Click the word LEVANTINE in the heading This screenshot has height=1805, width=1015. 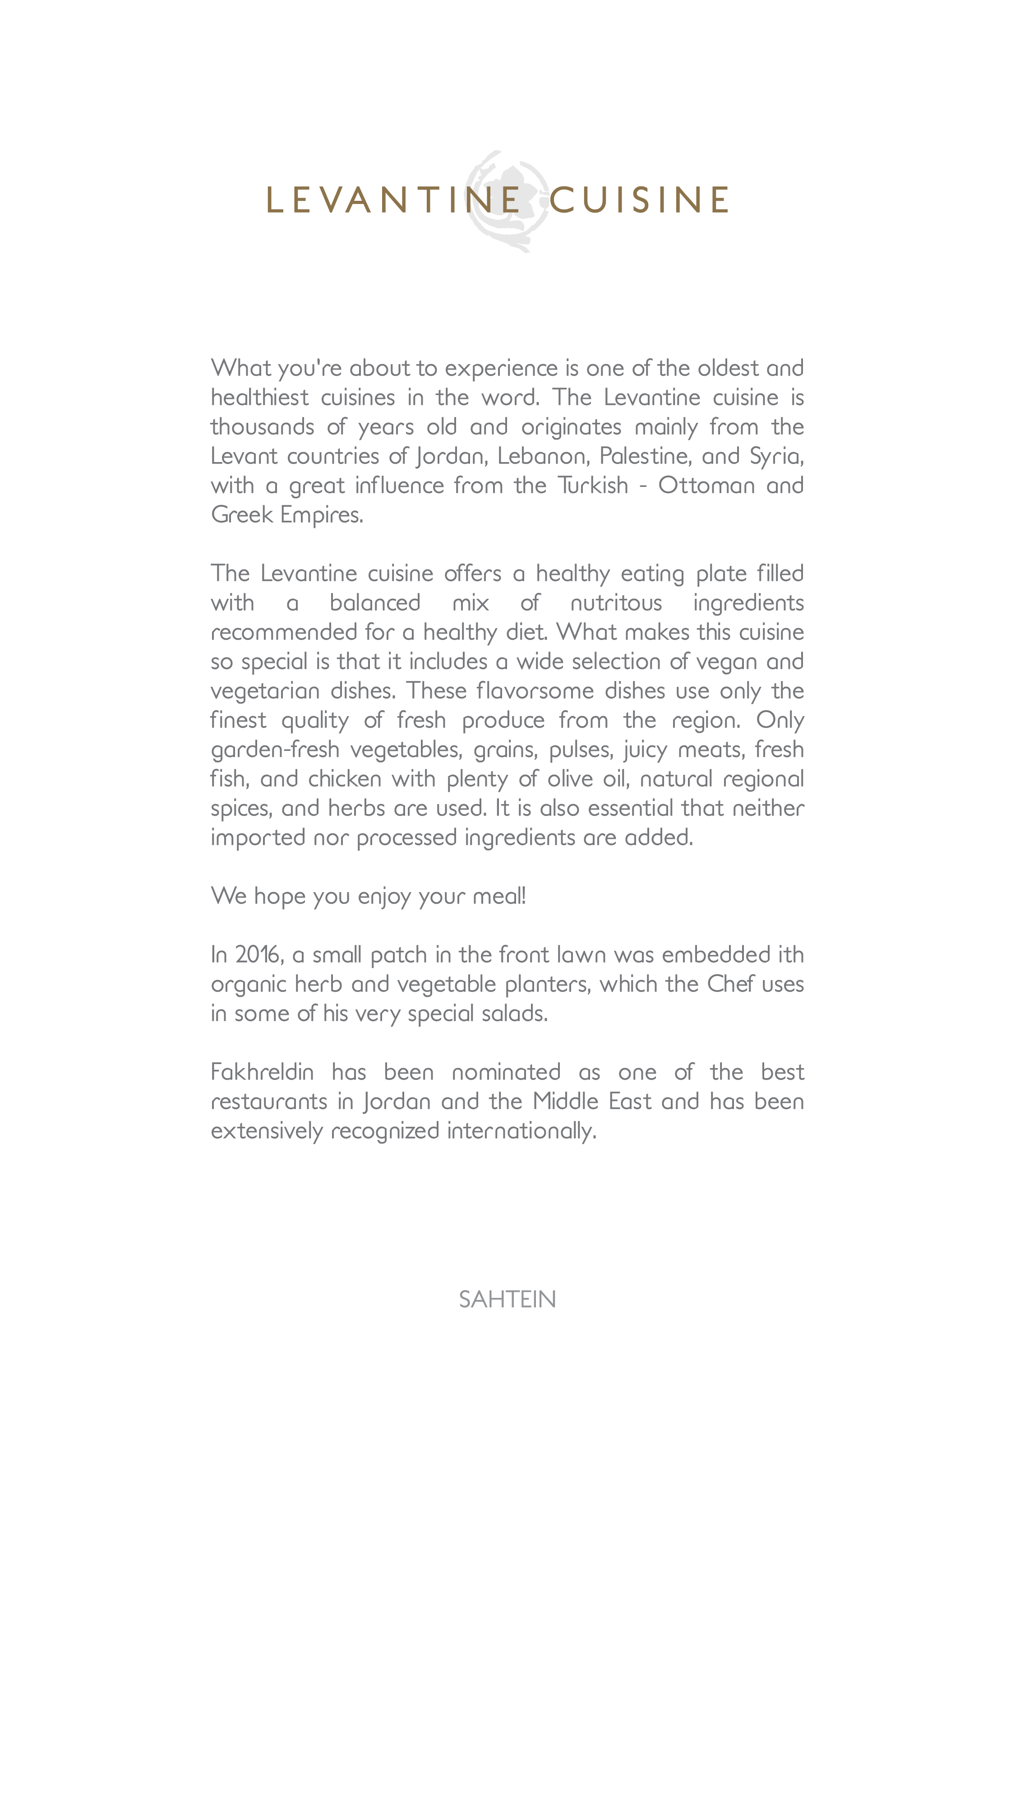[393, 200]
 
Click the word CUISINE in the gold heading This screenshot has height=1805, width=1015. [639, 200]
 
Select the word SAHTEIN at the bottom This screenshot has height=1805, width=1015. [507, 1300]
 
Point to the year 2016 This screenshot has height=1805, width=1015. [258, 955]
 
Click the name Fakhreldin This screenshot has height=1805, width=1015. [262, 1072]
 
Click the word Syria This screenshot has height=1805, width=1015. [775, 456]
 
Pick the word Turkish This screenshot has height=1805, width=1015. [593, 486]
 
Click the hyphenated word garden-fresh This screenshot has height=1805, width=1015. [275, 750]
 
